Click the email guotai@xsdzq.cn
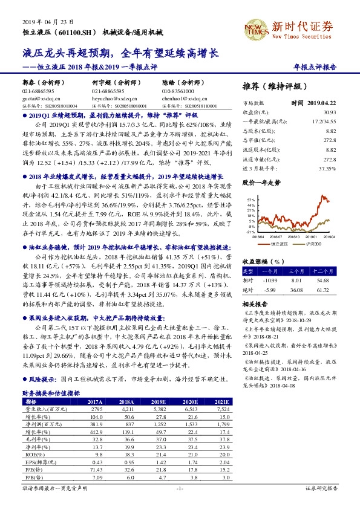click(x=38, y=96)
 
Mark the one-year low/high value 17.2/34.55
click(x=324, y=121)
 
